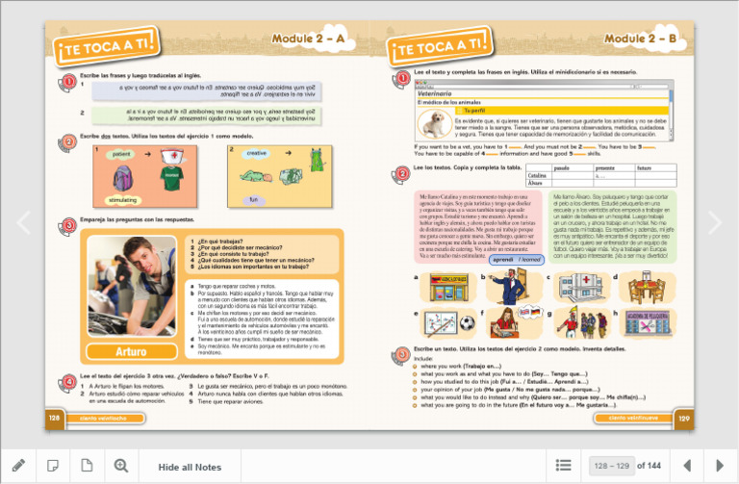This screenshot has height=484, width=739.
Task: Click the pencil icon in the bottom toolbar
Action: click(x=18, y=466)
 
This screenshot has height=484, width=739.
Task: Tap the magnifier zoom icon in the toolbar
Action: click(x=121, y=466)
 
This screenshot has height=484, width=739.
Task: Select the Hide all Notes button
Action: click(x=190, y=467)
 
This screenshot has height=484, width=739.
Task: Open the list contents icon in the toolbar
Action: click(x=564, y=466)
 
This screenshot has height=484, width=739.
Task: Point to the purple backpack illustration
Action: click(x=122, y=177)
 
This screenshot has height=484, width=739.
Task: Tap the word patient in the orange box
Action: click(x=121, y=154)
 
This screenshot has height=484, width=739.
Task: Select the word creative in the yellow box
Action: click(x=256, y=153)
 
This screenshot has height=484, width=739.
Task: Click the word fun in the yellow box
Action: click(x=254, y=199)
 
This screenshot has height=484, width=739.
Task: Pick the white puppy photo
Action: click(x=436, y=123)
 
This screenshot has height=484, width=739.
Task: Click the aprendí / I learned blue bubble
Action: click(x=515, y=259)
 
